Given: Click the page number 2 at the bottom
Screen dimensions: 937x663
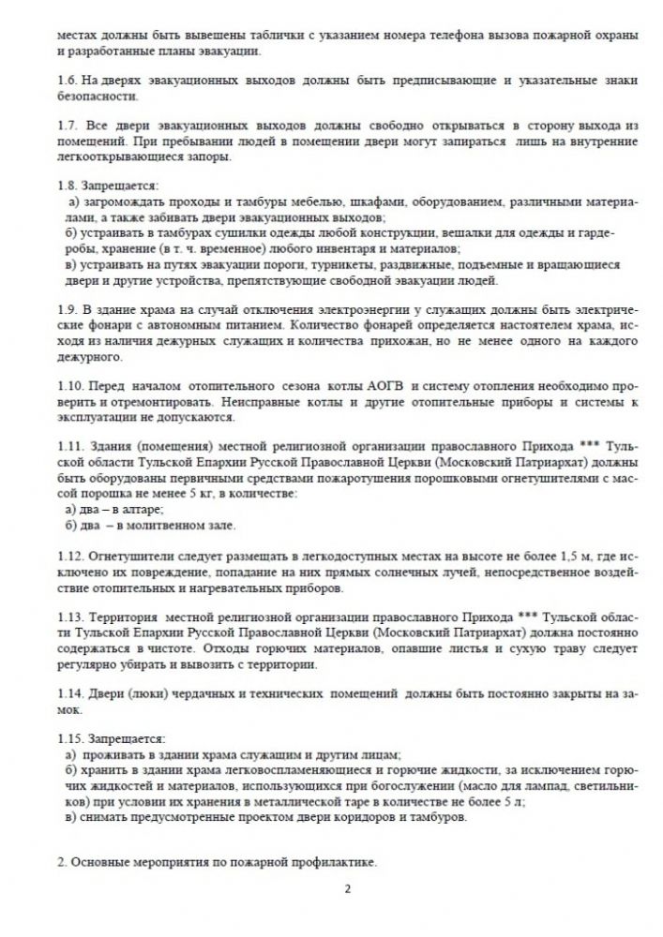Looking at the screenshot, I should pos(346,889).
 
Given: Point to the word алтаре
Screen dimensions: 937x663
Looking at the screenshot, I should pos(138,509).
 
